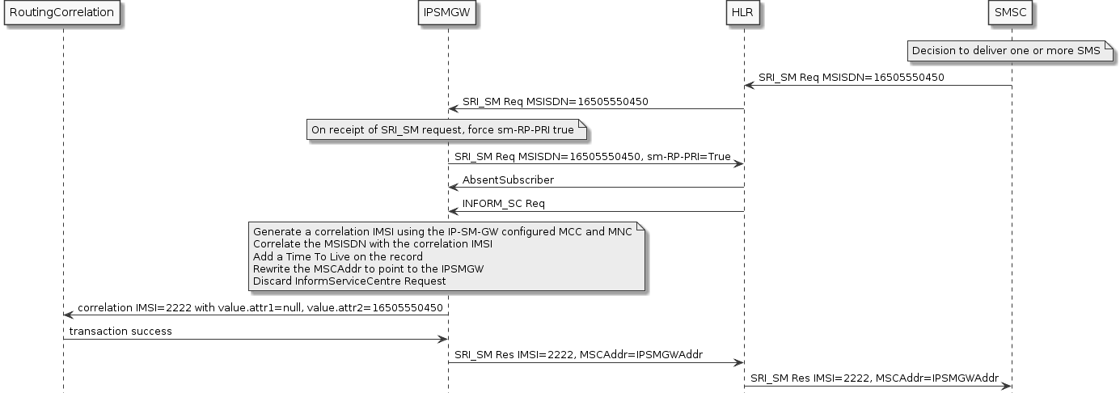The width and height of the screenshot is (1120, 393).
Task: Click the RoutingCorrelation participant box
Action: [62, 13]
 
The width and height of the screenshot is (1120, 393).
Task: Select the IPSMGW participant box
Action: [448, 13]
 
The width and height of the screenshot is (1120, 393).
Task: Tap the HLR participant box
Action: [744, 13]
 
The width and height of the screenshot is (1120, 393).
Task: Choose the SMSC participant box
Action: [1012, 13]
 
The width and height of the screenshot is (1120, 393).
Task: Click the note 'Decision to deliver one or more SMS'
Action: [1006, 51]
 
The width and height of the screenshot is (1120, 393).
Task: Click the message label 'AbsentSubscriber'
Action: [508, 180]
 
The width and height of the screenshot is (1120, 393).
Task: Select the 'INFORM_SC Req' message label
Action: [497, 203]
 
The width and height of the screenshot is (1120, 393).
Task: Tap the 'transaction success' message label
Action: [120, 332]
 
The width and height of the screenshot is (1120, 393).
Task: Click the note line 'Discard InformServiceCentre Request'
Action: [349, 281]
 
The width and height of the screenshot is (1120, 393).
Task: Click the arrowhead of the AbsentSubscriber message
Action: [454, 188]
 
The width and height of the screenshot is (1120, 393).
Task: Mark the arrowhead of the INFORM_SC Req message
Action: [454, 211]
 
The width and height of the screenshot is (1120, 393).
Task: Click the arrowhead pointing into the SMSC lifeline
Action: [1006, 387]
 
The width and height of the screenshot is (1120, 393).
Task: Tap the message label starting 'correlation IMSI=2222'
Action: [260, 308]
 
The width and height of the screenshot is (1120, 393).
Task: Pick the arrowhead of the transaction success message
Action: [442, 340]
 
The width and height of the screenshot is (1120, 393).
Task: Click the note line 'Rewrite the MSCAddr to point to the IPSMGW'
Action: [369, 268]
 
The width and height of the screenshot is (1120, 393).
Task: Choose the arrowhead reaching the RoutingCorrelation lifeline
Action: [68, 315]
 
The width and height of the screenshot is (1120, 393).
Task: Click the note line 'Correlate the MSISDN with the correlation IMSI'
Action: [373, 244]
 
